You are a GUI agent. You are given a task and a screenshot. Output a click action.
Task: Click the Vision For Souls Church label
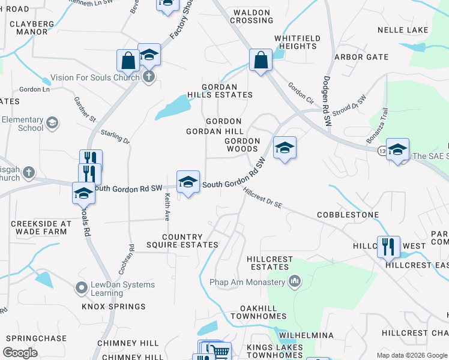tap(95, 77)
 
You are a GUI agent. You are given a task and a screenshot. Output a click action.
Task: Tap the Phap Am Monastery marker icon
tap(294, 281)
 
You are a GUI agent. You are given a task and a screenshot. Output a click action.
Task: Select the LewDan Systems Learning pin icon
tap(81, 289)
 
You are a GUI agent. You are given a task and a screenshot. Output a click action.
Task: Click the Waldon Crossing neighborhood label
tap(253, 16)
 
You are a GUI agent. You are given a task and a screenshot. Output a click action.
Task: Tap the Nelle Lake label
tap(403, 30)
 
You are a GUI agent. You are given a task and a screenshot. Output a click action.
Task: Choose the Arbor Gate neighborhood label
tap(361, 57)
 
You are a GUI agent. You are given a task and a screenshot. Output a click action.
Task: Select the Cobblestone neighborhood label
tap(348, 214)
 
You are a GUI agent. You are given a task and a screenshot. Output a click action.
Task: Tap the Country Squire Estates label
tap(182, 241)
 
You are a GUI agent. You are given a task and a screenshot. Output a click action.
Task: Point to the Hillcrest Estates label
tap(270, 263)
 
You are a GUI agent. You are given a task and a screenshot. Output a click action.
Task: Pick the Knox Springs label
tap(114, 307)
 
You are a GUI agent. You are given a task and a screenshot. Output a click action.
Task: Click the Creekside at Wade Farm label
tap(38, 228)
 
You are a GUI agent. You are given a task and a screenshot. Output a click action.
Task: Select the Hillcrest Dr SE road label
tap(262, 199)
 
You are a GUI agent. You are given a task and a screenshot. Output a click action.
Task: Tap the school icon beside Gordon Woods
tap(285, 148)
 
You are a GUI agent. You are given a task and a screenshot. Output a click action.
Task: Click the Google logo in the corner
tap(20, 352)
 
